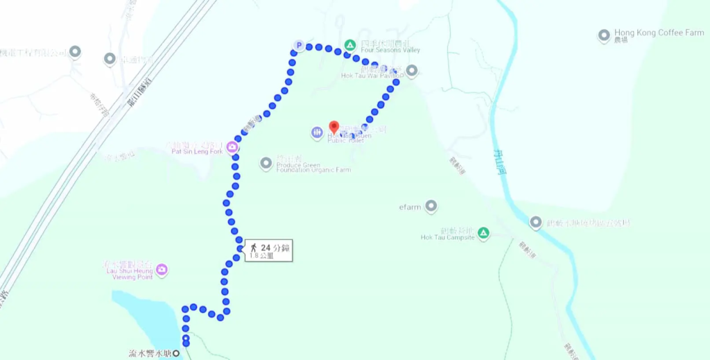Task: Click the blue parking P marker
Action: coord(299,46)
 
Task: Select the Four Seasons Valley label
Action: coord(390,50)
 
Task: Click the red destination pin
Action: coord(334,128)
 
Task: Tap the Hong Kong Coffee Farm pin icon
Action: coord(604,35)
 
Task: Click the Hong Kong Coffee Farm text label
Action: coord(659,33)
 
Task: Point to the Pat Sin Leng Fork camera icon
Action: coord(232,147)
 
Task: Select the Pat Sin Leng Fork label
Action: coord(196,151)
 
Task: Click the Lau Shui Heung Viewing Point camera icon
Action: coord(162,269)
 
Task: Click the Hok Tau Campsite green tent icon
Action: coord(484,232)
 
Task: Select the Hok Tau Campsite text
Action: coord(447,237)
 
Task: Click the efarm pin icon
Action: coord(431,206)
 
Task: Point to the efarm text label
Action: coord(410,207)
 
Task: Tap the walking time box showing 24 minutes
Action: coord(268,250)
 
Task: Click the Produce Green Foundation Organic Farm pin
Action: coord(266,163)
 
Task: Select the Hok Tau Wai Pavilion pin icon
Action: coord(412,70)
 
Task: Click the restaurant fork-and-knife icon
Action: coord(317,132)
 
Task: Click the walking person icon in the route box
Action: coord(254,247)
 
